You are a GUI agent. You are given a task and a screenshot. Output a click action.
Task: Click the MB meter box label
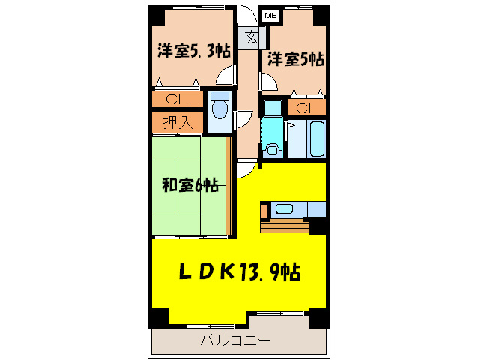coord(269,14)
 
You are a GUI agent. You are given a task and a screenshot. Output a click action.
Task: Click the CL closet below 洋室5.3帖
coord(178,99)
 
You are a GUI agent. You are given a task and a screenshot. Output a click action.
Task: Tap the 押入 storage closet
coord(178,122)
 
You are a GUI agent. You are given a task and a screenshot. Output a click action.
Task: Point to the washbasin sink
coord(271,148)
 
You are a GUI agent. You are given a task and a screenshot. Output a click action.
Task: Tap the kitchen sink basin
coord(285,208)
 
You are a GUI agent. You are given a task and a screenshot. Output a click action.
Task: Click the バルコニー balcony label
coord(235,341)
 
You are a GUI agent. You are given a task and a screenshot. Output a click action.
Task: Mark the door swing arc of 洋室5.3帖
coord(225,76)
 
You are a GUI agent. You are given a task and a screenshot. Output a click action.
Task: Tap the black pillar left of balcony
coord(157,317)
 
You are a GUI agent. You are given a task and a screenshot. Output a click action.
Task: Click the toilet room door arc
coord(243,120)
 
